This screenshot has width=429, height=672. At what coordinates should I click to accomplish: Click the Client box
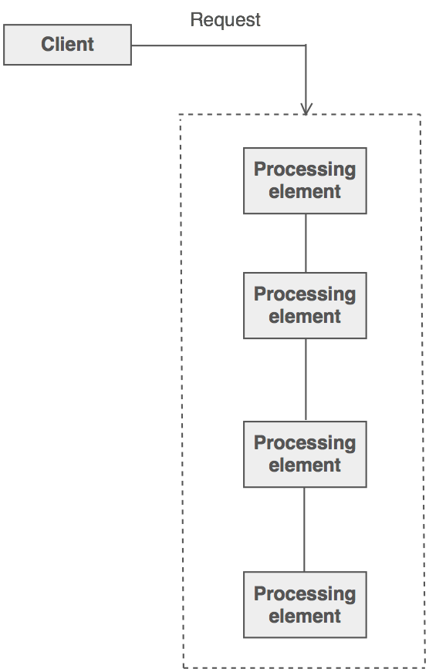pyautogui.click(x=67, y=45)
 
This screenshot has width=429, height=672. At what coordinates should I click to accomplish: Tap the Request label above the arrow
pyautogui.click(x=225, y=20)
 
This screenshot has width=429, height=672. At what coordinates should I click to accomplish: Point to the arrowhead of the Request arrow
pyautogui.click(x=306, y=109)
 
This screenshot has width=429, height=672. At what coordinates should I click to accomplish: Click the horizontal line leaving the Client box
pyautogui.click(x=219, y=45)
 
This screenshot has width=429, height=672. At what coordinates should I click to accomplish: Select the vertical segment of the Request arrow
pyautogui.click(x=306, y=79)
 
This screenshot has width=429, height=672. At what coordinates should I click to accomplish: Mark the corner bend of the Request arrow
pyautogui.click(x=306, y=45)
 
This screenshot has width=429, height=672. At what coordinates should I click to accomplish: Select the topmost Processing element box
pyautogui.click(x=305, y=180)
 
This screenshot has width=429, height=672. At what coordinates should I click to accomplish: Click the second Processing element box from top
pyautogui.click(x=305, y=305)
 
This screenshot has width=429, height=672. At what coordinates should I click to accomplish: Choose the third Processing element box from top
pyautogui.click(x=305, y=454)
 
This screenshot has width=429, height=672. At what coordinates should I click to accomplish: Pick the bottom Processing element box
pyautogui.click(x=305, y=604)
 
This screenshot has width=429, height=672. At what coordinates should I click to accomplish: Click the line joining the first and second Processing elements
pyautogui.click(x=306, y=243)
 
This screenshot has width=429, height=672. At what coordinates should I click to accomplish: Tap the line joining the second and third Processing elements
pyautogui.click(x=306, y=380)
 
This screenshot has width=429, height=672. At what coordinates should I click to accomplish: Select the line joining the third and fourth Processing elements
pyautogui.click(x=305, y=529)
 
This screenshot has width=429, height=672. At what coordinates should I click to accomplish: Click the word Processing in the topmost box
pyautogui.click(x=305, y=170)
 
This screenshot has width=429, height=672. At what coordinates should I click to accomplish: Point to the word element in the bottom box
pyautogui.click(x=305, y=616)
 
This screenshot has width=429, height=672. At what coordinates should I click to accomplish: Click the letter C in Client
pyautogui.click(x=48, y=44)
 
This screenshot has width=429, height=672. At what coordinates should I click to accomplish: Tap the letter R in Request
pyautogui.click(x=196, y=20)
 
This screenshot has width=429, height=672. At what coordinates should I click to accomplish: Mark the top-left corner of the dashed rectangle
pyautogui.click(x=180, y=114)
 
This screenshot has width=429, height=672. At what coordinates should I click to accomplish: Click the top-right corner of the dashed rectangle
pyautogui.click(x=421, y=114)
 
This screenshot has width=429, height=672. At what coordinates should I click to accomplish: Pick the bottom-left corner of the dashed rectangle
pyautogui.click(x=184, y=667)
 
